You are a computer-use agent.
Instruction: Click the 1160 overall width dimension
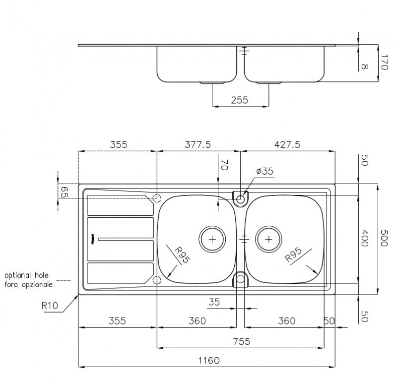209,360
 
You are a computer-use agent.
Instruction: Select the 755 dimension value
242,341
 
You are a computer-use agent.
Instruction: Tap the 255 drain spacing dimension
240,100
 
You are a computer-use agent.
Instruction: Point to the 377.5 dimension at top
198,144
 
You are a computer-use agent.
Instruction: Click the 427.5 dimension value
287,144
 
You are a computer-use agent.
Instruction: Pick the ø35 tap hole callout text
265,171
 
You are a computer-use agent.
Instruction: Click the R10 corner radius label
50,306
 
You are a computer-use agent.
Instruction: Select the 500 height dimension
384,238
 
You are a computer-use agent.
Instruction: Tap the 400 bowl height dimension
364,238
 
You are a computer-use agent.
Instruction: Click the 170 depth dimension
384,62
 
